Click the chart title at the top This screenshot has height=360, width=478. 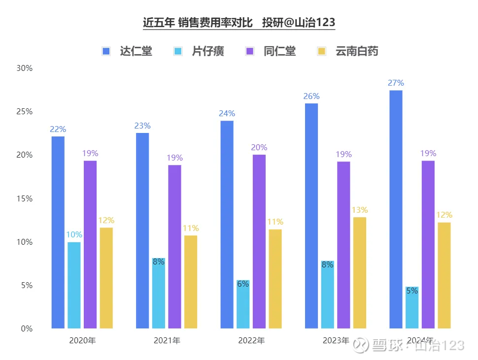[239, 23]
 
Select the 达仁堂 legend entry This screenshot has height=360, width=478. [128, 51]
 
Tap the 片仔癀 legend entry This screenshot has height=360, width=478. [200, 51]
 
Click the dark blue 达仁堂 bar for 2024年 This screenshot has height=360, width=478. [396, 209]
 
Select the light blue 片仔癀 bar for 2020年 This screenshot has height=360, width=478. [74, 285]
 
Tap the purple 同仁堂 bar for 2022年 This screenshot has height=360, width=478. [259, 241]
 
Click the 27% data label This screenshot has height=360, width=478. [396, 83]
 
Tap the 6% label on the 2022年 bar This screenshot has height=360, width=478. [243, 284]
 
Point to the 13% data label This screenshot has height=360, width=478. [360, 210]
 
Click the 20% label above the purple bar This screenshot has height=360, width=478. [259, 148]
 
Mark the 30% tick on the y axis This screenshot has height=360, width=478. [24, 68]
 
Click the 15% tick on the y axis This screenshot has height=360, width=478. [24, 199]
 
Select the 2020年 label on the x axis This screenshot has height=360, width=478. [82, 340]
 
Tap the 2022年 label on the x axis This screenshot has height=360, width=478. [251, 340]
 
